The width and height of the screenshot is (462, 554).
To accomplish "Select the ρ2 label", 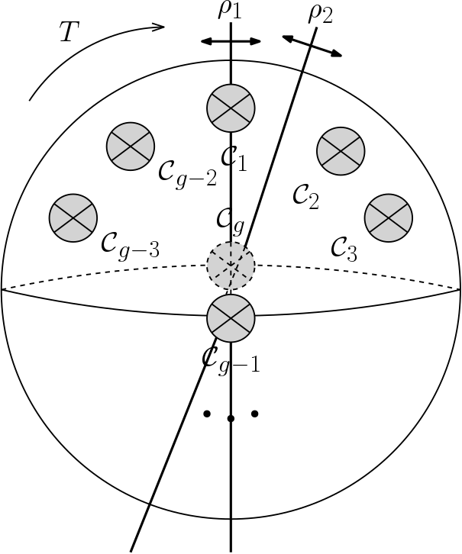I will coord(321,14).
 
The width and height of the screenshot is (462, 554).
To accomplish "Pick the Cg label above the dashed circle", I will coord(230,220).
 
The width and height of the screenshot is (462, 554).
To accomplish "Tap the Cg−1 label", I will coord(231,358).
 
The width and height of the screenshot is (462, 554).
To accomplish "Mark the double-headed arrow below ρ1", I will coord(231,41).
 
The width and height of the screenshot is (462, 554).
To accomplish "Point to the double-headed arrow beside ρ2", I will coord(312,45).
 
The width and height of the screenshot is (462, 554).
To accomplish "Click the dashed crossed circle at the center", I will coord(231,266).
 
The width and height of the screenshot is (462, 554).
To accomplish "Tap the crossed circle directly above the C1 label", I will coord(231,108).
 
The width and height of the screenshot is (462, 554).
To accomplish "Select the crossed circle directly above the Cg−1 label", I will coord(231,317).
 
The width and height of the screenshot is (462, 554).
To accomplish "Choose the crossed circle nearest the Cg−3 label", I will coord(73,218).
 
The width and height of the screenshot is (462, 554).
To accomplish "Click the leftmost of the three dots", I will coord(206,414).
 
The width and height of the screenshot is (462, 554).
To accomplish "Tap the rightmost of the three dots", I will coord(255,414).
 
